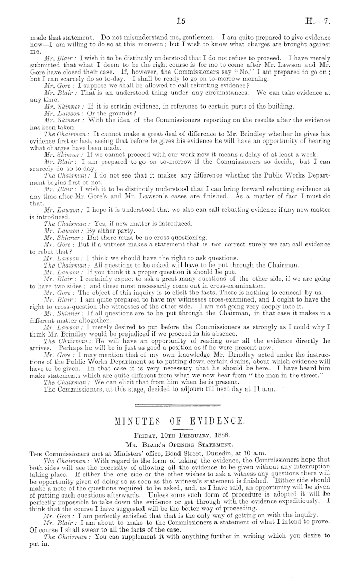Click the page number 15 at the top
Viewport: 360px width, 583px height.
[180, 21]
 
